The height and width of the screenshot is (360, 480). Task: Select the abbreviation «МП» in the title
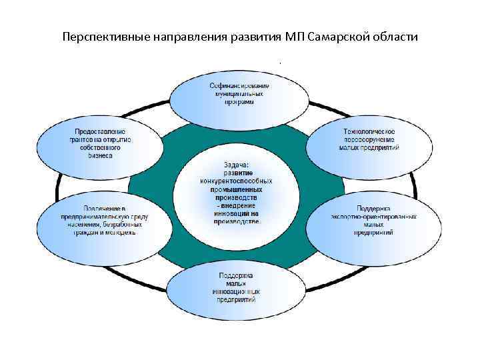tap(294, 36)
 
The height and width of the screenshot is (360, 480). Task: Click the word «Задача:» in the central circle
tap(236, 164)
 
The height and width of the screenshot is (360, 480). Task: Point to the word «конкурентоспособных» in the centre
tap(236, 181)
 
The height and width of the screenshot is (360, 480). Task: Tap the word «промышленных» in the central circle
tap(236, 189)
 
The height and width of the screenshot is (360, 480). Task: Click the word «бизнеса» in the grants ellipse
tap(99, 155)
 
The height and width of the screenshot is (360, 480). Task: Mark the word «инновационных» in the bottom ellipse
tap(237, 292)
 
